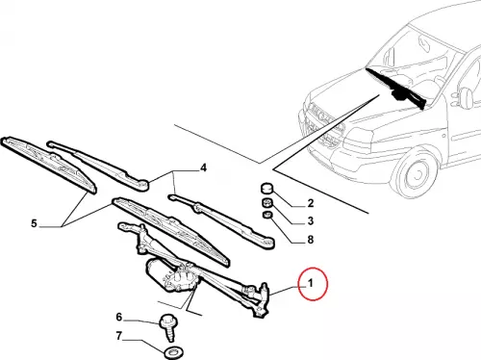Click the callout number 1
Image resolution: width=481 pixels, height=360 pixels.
click(310, 283)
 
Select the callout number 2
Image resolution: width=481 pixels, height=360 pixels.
click(310, 203)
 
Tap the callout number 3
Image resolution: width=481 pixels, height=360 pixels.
click(310, 221)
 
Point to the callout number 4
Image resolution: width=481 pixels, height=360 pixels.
click(203, 167)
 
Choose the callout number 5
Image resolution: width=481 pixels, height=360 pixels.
click(34, 223)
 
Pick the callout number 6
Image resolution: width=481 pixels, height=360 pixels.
click(119, 317)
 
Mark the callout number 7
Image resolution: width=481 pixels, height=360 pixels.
click(119, 336)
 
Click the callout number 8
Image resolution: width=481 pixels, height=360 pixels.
click(310, 240)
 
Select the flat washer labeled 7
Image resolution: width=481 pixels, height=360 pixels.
click(173, 353)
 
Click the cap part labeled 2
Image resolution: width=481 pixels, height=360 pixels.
click(266, 189)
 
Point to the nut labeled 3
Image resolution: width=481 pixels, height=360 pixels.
click(266, 203)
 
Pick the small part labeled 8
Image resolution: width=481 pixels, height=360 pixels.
click(266, 215)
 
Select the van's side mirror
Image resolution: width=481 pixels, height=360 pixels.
click(466, 97)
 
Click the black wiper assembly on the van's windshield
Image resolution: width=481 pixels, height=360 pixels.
click(396, 89)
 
